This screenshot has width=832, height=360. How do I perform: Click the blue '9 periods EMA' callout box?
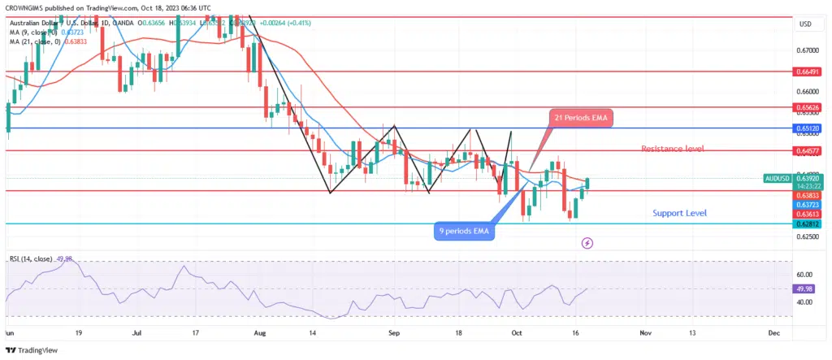pyautogui.click(x=462, y=231)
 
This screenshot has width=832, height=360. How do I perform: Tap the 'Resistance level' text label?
pyautogui.click(x=672, y=149)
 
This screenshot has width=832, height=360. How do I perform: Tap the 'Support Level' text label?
pyautogui.click(x=679, y=213)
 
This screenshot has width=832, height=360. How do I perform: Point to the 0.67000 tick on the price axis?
pyautogui.click(x=808, y=50)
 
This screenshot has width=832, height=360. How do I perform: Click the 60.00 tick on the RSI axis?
pyautogui.click(x=805, y=275)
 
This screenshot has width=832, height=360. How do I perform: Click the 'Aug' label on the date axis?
pyautogui.click(x=259, y=332)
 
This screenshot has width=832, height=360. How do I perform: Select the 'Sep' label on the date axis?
pyautogui.click(x=393, y=332)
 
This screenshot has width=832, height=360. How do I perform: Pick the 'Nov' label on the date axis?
pyautogui.click(x=645, y=332)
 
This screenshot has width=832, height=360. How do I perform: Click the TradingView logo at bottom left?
pyautogui.click(x=32, y=349)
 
